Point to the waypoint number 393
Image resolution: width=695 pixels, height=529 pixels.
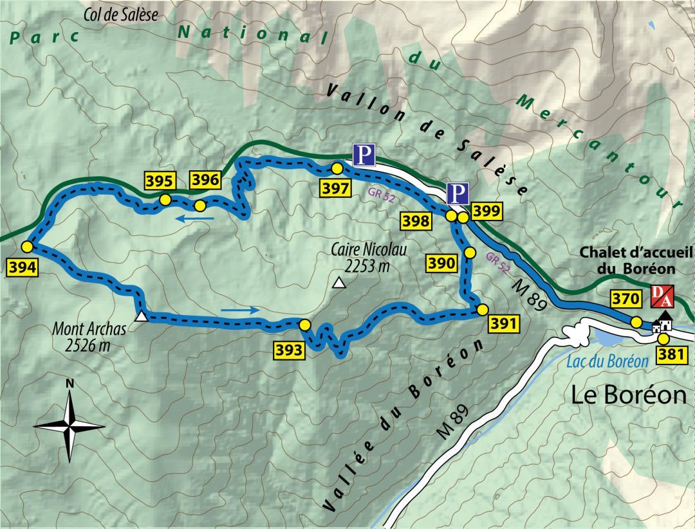point(290,350)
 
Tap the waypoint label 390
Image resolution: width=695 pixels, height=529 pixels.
point(442,262)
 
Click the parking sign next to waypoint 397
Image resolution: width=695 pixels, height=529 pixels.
point(364,155)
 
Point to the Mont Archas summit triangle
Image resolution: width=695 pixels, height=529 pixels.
point(142,316)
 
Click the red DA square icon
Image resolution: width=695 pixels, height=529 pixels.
point(663,295)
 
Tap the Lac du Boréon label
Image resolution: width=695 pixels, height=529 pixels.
point(607,361)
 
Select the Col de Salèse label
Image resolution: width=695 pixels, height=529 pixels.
point(120,14)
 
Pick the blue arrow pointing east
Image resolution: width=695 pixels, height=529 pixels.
point(241,310)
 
